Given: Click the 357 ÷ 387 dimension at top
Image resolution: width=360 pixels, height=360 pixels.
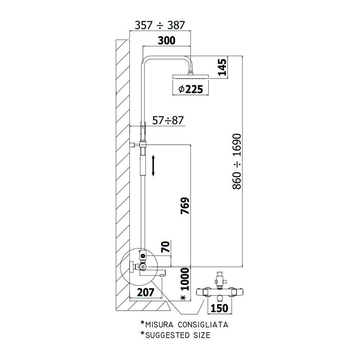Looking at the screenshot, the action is [x=159, y=25].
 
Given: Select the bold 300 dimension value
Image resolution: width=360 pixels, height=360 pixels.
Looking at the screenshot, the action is [x=167, y=40].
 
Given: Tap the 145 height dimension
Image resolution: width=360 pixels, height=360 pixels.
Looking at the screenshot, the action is [x=222, y=67].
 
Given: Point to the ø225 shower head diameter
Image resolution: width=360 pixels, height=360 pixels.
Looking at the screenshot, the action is [x=190, y=89].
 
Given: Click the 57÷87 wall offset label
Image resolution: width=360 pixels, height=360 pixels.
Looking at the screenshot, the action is [x=168, y=121].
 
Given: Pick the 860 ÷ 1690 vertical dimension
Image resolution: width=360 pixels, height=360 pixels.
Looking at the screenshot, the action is [x=237, y=161].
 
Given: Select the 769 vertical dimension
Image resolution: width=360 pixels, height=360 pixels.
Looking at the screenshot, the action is [x=185, y=206].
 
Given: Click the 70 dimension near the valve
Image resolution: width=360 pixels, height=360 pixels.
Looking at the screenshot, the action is [x=166, y=247].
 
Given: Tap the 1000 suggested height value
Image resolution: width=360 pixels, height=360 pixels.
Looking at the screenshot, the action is [x=185, y=279].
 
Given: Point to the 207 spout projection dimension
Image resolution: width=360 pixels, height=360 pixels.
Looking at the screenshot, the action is [x=145, y=292].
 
